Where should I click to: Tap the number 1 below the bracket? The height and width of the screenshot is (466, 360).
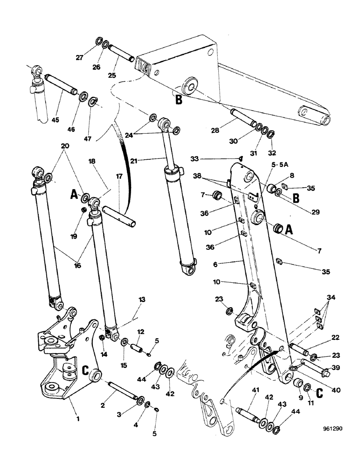[x=78, y=418]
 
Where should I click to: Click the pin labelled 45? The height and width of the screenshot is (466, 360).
[x=62, y=85]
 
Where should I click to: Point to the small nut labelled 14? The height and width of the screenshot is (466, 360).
[x=102, y=338]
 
